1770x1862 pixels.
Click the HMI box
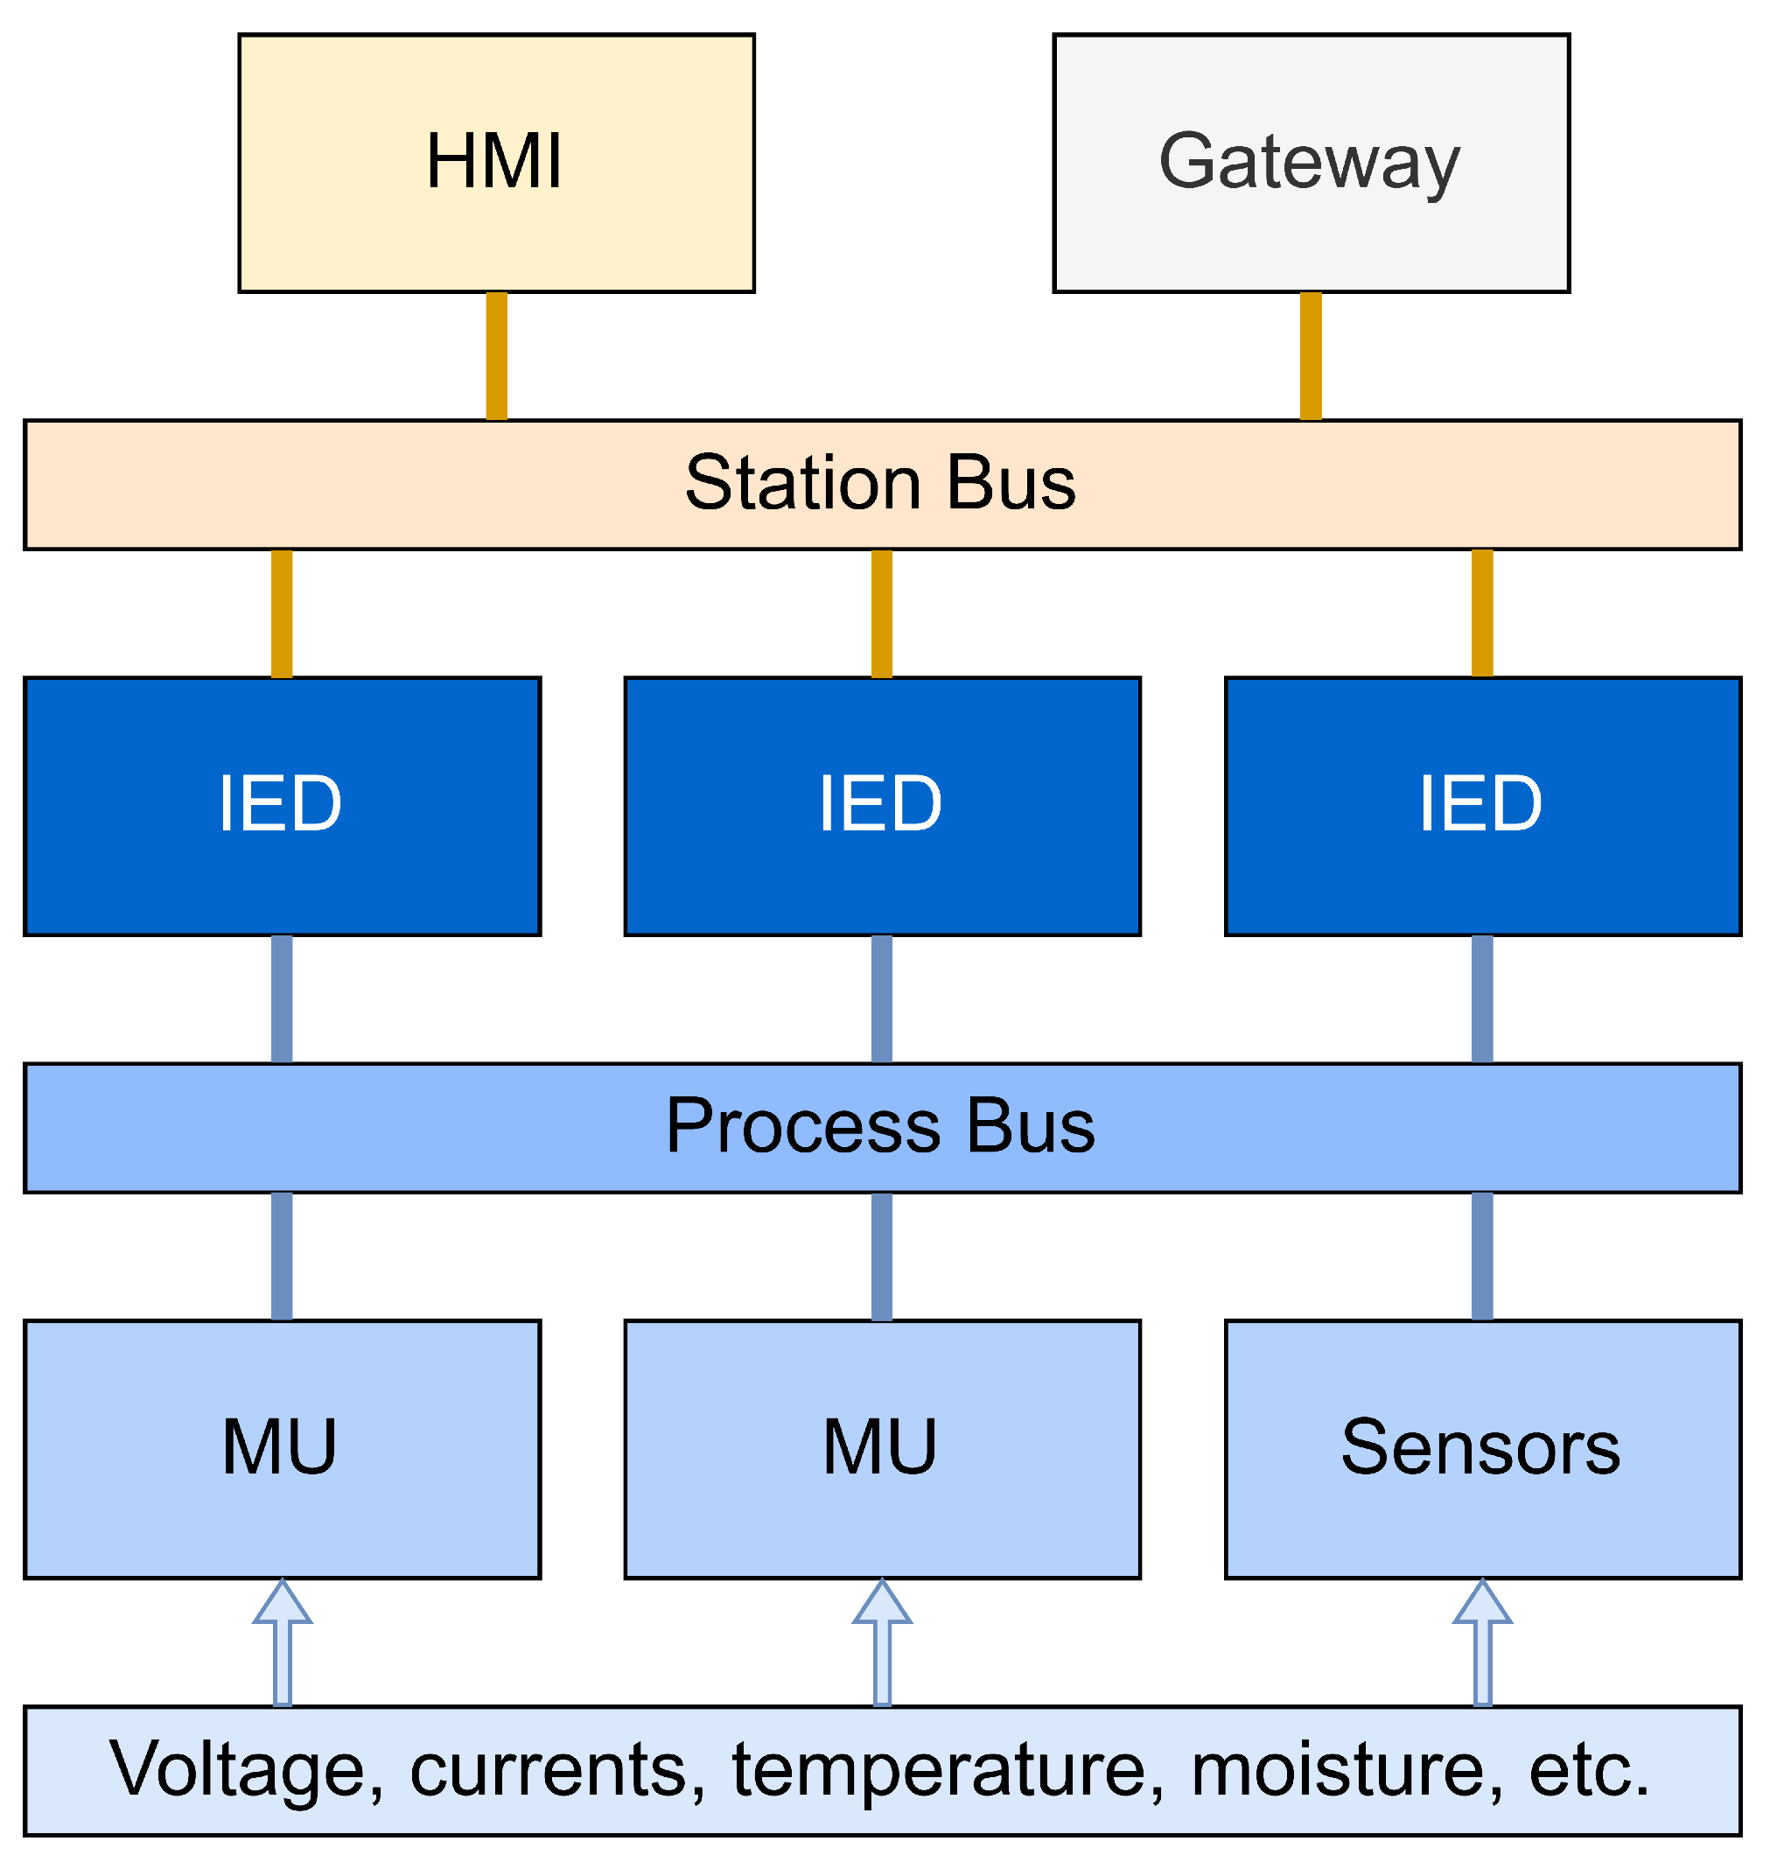496,164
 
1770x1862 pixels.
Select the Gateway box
1311,164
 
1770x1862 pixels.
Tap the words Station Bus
879,483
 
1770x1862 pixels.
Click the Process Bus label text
879,1126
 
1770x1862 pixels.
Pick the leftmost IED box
282,806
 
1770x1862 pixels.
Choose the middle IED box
882,806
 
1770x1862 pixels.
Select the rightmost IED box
1482,806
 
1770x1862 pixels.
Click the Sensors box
1482,1448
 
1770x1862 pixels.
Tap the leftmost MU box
282,1448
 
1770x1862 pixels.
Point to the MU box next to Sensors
882,1448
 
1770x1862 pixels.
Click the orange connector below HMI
496,356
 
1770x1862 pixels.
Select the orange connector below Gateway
1311,356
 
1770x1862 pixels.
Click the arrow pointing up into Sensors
1482,1644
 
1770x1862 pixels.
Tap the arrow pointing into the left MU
282,1644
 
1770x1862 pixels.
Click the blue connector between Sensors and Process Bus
1482,1256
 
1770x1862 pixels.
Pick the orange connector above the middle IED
881,613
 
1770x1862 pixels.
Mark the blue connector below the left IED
281,999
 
